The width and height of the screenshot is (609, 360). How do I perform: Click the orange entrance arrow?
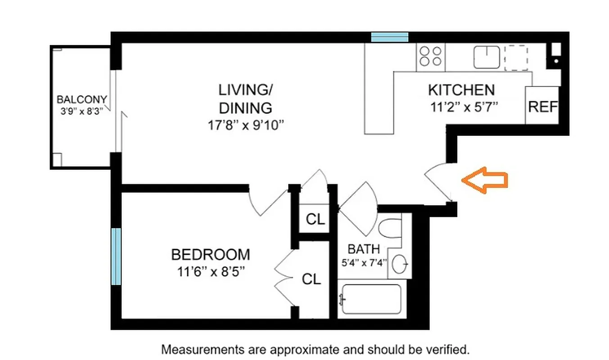[x=485, y=180]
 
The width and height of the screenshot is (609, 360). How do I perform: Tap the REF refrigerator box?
[x=542, y=107]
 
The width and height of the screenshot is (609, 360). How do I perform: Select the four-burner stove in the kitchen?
[x=430, y=57]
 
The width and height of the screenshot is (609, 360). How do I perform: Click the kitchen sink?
[x=487, y=57]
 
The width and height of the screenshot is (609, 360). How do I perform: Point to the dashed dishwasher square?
[x=517, y=58]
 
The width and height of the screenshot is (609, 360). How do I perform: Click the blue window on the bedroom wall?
[x=116, y=256]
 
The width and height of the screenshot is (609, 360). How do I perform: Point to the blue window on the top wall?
[x=390, y=37]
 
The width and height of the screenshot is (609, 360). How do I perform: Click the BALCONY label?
[x=81, y=99]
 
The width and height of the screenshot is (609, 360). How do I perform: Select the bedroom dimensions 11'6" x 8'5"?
[x=210, y=272]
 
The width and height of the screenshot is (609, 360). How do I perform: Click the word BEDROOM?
[x=210, y=255]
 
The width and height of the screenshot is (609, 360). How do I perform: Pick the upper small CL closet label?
[x=315, y=220]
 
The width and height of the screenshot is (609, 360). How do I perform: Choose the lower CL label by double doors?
[x=311, y=279]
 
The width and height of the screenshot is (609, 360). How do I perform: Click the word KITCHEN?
[x=461, y=90]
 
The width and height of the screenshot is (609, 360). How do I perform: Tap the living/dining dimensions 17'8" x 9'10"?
[x=245, y=125]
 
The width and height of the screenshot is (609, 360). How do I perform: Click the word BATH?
[x=364, y=249]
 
